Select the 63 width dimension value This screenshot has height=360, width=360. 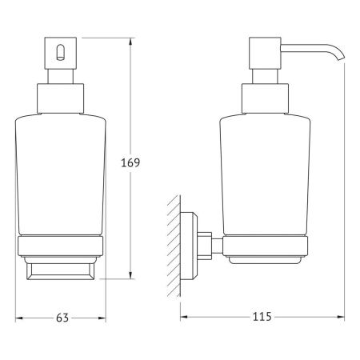(62, 318)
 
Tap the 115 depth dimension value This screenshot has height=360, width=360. (262, 318)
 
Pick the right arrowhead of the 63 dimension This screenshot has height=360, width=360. (103, 317)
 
